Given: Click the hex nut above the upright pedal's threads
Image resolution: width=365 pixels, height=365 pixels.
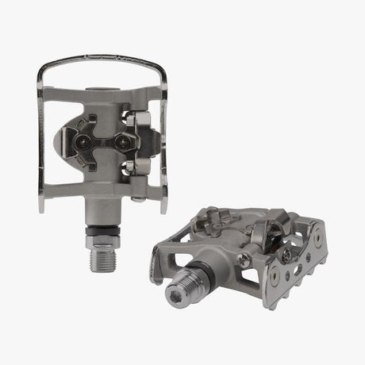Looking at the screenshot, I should pos(102,213).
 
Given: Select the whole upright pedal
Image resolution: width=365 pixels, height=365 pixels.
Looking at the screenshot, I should pos(101,143).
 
